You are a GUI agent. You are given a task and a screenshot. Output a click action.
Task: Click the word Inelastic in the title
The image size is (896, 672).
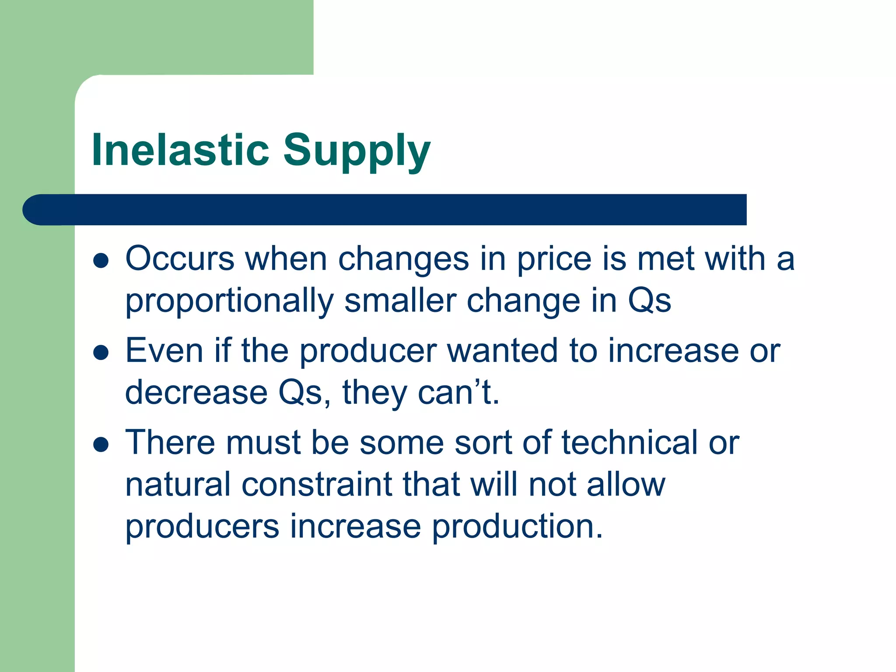pos(180,150)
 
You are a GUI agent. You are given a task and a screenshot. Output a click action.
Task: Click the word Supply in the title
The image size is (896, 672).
pos(357,151)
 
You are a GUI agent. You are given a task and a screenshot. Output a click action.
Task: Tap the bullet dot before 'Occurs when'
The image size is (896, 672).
pos(101,260)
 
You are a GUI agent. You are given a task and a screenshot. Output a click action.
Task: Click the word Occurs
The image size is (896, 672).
pos(180,259)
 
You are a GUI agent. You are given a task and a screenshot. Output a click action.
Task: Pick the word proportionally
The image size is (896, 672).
pos(229,302)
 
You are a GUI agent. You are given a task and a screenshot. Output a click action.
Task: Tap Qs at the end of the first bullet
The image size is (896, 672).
pos(649,301)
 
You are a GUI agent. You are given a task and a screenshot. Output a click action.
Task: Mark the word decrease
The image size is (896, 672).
pos(196,392)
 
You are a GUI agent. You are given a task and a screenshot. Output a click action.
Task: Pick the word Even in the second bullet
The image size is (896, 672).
pos(164,351)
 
